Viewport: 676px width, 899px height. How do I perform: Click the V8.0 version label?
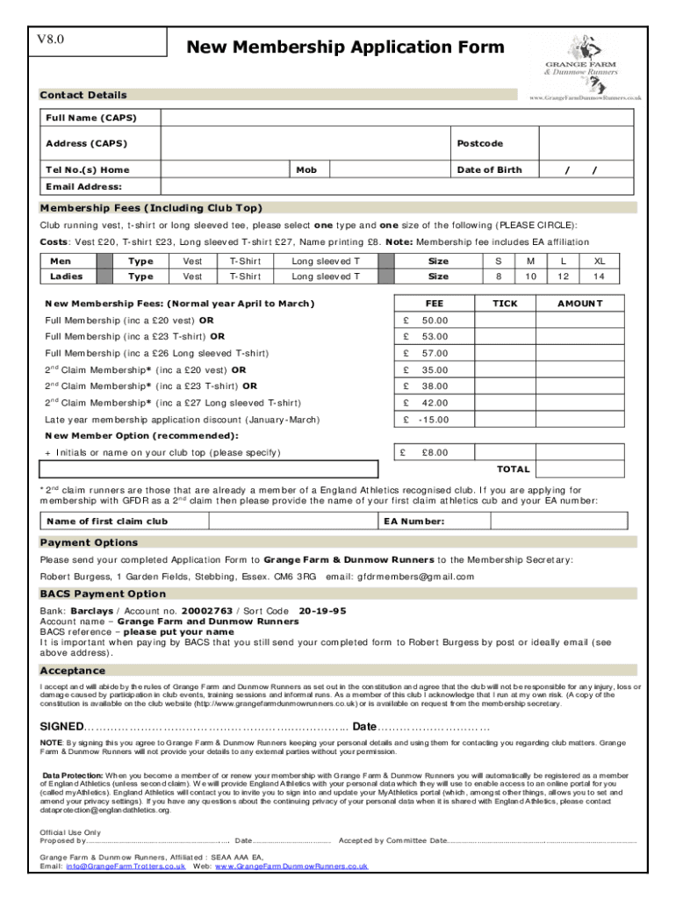tap(50, 40)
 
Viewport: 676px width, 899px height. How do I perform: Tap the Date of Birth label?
tap(488, 169)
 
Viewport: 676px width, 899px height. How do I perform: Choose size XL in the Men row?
tap(600, 261)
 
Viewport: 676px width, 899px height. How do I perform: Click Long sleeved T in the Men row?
tap(326, 261)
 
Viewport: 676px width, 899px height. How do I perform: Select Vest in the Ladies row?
tap(192, 277)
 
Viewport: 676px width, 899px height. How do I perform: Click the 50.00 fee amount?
tap(435, 320)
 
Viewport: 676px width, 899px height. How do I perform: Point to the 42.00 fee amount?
tap(435, 403)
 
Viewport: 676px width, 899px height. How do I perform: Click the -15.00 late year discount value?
tap(432, 420)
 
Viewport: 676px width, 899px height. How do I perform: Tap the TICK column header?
tap(505, 303)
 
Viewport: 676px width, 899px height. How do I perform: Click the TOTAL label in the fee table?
tap(513, 469)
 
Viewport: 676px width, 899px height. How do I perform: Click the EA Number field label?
tap(414, 521)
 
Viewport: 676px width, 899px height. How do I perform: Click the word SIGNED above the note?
tap(61, 727)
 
